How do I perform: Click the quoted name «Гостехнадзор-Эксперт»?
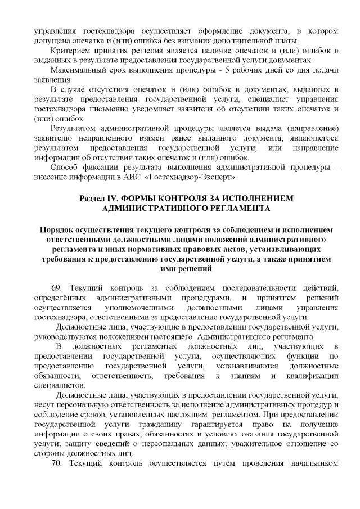pyautogui.click(x=196, y=178)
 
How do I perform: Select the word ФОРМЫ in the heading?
pyautogui.click(x=154, y=199)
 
